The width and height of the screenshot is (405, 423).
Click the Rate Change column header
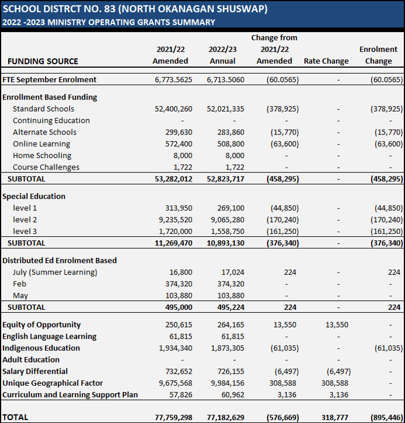click(x=326, y=61)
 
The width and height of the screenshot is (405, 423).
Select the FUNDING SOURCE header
click(x=43, y=61)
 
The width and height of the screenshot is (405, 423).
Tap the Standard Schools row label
click(x=43, y=109)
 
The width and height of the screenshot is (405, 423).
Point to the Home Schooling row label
click(x=42, y=155)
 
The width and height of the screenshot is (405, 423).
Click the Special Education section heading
click(x=34, y=196)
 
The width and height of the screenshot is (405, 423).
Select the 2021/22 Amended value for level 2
click(x=173, y=220)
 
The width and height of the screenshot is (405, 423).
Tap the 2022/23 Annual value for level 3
click(x=226, y=231)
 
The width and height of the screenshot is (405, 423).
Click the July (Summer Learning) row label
click(x=55, y=272)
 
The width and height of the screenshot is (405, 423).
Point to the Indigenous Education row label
click(x=41, y=348)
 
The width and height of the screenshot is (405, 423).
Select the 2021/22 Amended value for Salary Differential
click(x=177, y=371)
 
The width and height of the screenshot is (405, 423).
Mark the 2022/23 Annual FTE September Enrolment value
click(x=225, y=79)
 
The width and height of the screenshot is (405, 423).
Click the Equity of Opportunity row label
click(x=41, y=325)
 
